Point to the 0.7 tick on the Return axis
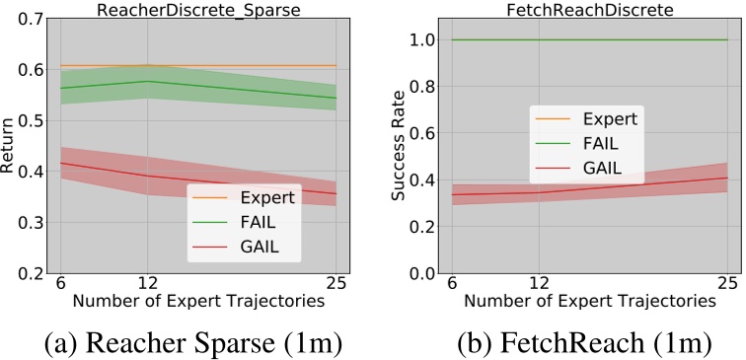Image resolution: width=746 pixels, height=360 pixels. pos(29,18)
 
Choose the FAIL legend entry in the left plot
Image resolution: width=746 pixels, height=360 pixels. pos(253,222)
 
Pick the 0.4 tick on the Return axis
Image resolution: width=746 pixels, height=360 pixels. pos(29,172)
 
